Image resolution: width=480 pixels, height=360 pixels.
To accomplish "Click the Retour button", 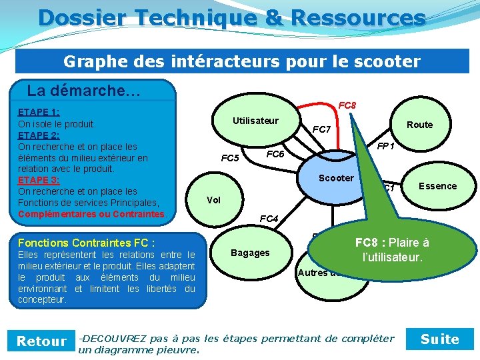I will (41, 341).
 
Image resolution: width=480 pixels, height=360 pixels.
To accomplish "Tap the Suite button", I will (440, 339).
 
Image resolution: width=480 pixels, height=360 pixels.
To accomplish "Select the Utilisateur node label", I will (255, 121).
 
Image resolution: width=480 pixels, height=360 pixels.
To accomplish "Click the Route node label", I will (419, 125).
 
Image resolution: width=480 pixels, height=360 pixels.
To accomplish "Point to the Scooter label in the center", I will (336, 178).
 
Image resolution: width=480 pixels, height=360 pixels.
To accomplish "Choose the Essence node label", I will (437, 186).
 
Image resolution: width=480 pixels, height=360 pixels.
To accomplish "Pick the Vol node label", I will (213, 200).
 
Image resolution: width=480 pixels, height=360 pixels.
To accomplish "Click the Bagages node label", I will (250, 253).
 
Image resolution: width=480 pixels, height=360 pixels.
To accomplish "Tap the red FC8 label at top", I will (347, 105).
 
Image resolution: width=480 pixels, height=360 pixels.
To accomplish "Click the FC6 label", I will (275, 155).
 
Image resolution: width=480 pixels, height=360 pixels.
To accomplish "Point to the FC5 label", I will (230, 159).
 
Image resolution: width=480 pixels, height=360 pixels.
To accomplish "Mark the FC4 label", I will (269, 219).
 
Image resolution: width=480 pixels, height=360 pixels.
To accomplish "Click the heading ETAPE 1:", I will (39, 112).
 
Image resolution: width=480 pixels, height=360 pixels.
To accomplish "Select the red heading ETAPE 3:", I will (39, 180).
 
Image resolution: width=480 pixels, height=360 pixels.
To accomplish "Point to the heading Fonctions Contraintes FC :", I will (87, 243).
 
